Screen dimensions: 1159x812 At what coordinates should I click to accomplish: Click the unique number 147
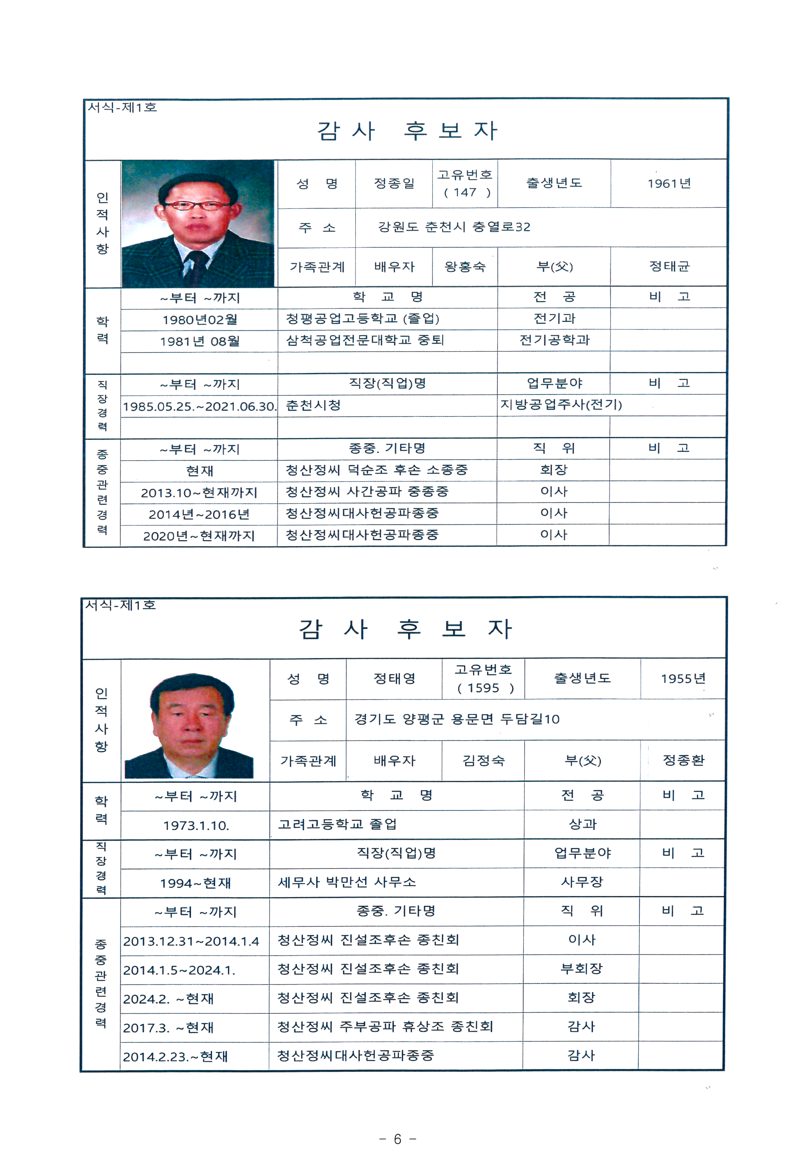tap(464, 192)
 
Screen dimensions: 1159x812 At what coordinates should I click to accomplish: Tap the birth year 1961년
tap(669, 183)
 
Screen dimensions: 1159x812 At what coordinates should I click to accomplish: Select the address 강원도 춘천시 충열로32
tap(454, 227)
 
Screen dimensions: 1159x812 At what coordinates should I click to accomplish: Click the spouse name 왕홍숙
tap(464, 267)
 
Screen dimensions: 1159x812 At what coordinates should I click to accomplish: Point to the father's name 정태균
tap(669, 267)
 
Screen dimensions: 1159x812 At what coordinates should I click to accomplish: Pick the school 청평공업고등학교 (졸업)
tap(362, 318)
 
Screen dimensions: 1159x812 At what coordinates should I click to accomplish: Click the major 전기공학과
tap(554, 340)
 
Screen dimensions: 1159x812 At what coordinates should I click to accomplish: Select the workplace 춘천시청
tap(313, 405)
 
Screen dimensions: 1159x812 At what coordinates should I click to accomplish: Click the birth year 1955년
tap(683, 679)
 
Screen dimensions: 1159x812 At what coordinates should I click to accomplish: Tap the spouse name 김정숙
tap(483, 760)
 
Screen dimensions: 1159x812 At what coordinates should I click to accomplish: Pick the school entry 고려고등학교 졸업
tap(337, 824)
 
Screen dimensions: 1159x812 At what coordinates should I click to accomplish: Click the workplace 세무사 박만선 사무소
tap(347, 882)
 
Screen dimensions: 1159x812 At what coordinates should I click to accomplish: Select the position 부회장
tap(581, 968)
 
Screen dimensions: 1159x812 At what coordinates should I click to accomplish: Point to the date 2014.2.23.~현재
tap(175, 1056)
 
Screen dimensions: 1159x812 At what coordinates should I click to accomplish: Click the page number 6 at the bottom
tap(397, 1139)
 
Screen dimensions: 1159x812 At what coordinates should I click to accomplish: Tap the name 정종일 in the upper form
tap(394, 183)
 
